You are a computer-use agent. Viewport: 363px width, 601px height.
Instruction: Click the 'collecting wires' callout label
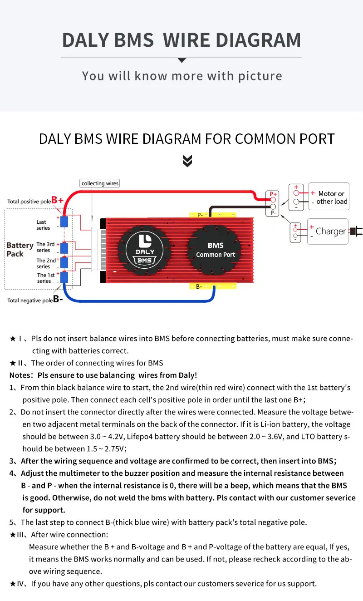pyautogui.click(x=100, y=183)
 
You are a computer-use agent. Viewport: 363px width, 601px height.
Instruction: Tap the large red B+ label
pyautogui.click(x=57, y=200)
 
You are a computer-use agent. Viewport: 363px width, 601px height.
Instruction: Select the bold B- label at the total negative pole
pyautogui.click(x=58, y=300)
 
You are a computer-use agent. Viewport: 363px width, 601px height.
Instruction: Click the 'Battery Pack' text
pyautogui.click(x=20, y=249)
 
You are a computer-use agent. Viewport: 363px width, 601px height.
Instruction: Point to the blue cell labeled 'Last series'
pyautogui.click(x=64, y=222)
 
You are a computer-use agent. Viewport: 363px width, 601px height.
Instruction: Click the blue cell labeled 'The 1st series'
pyautogui.click(x=64, y=277)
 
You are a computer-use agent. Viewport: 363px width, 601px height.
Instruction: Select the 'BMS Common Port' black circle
pyautogui.click(x=216, y=251)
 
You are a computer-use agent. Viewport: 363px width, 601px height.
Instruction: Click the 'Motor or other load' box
pyautogui.click(x=329, y=197)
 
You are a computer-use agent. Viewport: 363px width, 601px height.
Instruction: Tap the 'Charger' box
pyautogui.click(x=328, y=232)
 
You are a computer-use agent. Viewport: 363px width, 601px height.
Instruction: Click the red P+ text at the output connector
pyautogui.click(x=273, y=194)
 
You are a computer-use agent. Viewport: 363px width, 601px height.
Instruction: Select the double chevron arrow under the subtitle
pyautogui.click(x=187, y=160)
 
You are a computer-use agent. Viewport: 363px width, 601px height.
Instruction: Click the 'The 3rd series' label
pyautogui.click(x=45, y=247)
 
